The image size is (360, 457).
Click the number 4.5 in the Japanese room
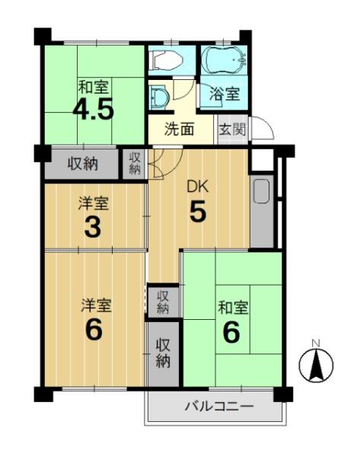point(93,110)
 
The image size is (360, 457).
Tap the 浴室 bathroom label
point(225,94)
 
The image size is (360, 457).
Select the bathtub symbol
point(225,60)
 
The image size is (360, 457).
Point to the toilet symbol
point(165,60)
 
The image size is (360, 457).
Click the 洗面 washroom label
point(180,129)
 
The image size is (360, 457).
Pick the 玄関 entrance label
point(232,129)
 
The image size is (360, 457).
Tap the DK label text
point(197,187)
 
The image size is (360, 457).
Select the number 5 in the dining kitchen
point(198,211)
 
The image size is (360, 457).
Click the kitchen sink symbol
point(262,191)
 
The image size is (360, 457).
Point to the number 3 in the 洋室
point(93,226)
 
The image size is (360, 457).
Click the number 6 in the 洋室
point(94,330)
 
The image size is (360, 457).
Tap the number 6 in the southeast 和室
point(231,332)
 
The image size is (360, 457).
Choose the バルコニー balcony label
point(220,406)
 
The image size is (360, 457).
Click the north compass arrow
point(317,365)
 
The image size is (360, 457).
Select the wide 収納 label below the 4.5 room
point(82,164)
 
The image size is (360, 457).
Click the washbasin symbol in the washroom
point(159,96)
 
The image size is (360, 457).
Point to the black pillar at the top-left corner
point(43,36)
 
